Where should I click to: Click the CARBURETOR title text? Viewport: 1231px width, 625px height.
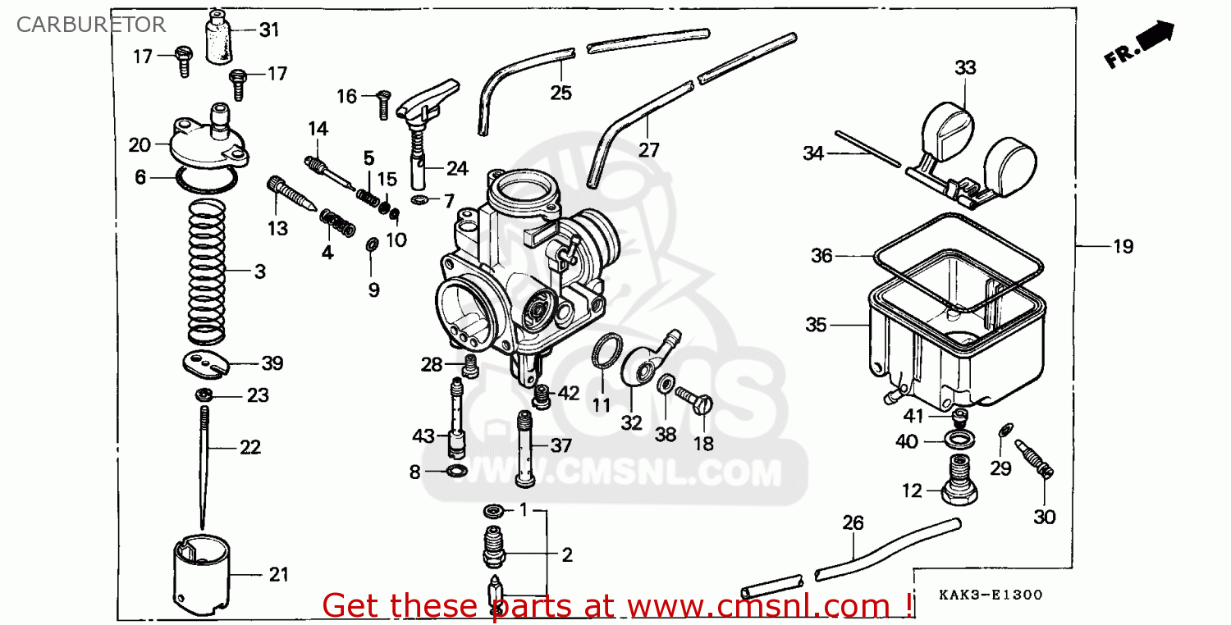(x=90, y=25)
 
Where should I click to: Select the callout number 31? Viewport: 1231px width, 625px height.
(x=269, y=30)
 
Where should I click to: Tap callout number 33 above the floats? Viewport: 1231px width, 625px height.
(x=966, y=67)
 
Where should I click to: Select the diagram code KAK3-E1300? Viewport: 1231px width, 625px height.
(x=991, y=595)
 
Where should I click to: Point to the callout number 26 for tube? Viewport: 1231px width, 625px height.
(x=853, y=522)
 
